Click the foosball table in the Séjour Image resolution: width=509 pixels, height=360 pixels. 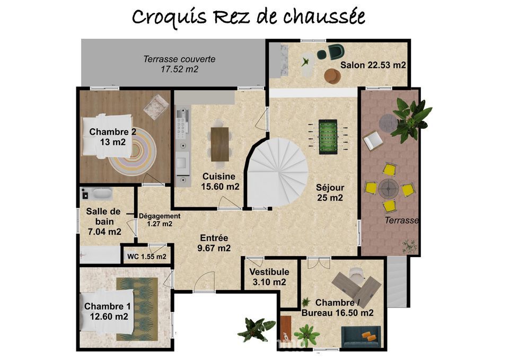coord(328,137)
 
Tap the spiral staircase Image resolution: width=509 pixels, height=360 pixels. coord(277,172)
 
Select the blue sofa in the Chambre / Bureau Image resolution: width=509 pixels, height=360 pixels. coord(361,337)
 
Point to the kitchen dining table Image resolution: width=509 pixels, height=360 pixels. coord(220,144)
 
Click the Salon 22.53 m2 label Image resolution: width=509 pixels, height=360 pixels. coord(373,65)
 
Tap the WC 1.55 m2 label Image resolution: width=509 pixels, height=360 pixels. coord(147,257)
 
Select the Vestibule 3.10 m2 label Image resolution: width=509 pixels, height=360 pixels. coord(269,277)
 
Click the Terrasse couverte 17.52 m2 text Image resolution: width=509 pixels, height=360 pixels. coord(180,64)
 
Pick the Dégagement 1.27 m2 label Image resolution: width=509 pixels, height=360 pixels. coord(160,220)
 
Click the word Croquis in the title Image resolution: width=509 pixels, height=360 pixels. coord(169,17)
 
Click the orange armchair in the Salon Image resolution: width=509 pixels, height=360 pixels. coord(333,76)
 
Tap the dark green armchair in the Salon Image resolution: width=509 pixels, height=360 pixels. coord(335,52)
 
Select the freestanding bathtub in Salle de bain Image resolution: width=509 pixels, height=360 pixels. coord(102,194)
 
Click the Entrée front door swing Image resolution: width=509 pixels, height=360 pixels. coord(205,282)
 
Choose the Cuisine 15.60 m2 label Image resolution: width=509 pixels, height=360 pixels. coord(220,181)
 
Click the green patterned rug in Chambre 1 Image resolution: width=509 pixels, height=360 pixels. coord(137,309)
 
